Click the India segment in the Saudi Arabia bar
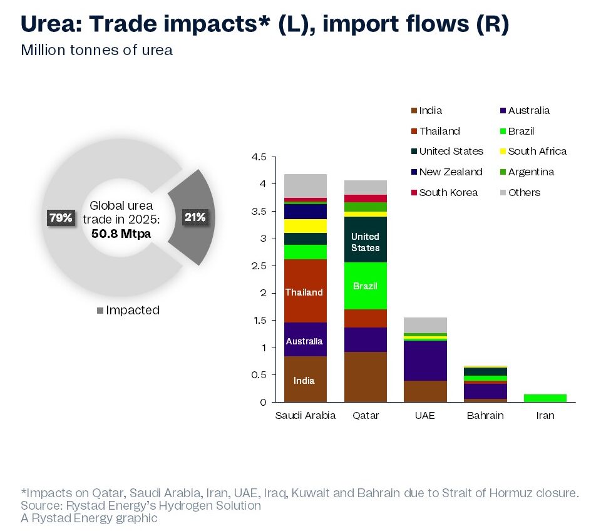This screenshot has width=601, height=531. point(305,379)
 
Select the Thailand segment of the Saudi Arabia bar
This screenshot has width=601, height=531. point(305,292)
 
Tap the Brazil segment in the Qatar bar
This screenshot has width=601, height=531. point(365,286)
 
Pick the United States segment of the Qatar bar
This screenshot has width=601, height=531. point(365,241)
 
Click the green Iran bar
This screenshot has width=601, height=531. point(545,398)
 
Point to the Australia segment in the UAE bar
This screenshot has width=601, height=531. point(425,361)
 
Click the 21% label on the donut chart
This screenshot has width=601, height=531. point(195,218)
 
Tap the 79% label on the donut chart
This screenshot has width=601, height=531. point(61,218)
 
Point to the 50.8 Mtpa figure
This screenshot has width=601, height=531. point(121,234)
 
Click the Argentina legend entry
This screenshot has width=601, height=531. point(531,172)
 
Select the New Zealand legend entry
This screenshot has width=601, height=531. point(451,172)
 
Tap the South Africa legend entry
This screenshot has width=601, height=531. point(537,151)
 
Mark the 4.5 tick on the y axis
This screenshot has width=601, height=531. point(258,157)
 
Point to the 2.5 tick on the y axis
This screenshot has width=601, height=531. point(258,265)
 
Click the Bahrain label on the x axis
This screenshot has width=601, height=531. point(485,415)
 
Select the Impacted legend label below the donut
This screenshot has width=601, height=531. point(133,310)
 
